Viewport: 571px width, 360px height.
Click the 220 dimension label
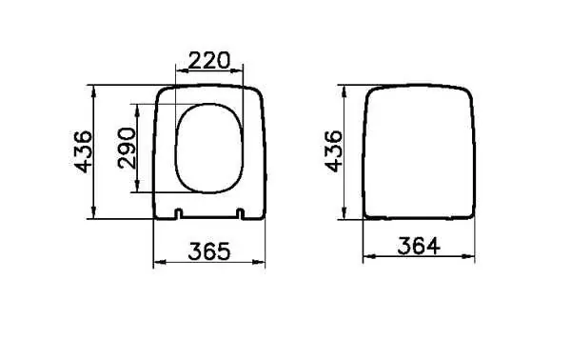pos(209,61)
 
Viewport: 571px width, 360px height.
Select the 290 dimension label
pos(127,148)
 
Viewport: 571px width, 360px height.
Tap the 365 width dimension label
pos(209,251)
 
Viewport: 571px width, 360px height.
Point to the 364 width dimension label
pos(419,246)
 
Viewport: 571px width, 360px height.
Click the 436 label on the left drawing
pos(83,151)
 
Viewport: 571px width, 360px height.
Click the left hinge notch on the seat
pos(178,213)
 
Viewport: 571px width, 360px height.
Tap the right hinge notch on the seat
pos(240,213)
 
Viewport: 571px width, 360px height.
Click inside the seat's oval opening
pos(209,149)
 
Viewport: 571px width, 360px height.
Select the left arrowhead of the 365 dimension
pos(160,262)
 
